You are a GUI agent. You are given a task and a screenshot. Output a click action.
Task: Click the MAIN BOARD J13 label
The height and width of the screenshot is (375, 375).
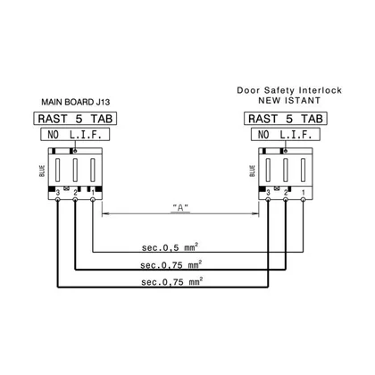[x=76, y=102]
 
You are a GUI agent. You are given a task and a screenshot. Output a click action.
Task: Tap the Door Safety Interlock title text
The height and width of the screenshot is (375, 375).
[x=289, y=90]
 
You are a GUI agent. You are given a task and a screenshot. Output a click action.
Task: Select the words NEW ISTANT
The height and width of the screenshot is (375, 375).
[x=289, y=101]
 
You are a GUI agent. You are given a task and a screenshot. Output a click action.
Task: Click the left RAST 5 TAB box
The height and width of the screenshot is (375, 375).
[x=75, y=119]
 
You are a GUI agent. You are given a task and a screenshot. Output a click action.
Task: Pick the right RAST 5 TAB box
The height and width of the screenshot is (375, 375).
[x=286, y=119]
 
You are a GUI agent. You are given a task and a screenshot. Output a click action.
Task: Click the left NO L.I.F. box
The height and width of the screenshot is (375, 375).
[x=75, y=135]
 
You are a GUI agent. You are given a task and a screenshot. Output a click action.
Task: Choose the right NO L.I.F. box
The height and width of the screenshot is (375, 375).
[x=286, y=135]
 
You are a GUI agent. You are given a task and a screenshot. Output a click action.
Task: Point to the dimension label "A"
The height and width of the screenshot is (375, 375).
[x=180, y=208]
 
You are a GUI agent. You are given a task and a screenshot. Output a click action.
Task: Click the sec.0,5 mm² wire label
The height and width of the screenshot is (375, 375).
[x=170, y=247]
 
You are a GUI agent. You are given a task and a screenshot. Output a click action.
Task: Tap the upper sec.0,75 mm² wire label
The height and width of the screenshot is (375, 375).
[x=171, y=264]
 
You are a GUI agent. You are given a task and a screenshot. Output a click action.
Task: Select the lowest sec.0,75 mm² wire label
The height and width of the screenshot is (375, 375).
[x=172, y=281]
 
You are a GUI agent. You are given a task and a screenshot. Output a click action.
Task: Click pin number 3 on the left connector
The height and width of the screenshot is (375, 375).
[x=58, y=193]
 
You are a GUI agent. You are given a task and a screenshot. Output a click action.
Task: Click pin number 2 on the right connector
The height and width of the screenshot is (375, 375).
[x=286, y=193]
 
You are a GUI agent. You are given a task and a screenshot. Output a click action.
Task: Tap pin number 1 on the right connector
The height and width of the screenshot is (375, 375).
[x=304, y=193]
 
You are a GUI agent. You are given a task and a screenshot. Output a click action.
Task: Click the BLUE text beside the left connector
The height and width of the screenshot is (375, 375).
[x=42, y=171]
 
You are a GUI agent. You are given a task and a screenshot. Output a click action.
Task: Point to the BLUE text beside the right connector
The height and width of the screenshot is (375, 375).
[x=253, y=171]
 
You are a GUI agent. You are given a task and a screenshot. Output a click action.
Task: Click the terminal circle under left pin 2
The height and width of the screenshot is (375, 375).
[x=75, y=199]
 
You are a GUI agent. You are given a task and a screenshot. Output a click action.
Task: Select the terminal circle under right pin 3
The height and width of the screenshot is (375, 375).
[x=268, y=199]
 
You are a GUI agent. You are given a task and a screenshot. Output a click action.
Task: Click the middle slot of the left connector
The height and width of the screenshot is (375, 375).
[x=75, y=170]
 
